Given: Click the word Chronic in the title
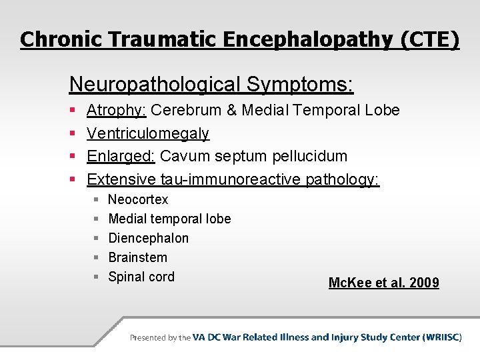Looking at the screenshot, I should pos(59,39).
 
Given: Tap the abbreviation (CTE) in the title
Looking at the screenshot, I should pos(430,39).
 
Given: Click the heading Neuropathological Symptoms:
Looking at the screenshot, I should pos(211,85).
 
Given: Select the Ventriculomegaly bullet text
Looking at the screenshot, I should pos(148,134).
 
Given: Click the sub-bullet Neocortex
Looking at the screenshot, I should pos(138,199).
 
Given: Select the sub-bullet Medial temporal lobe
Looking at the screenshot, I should pos(169,219).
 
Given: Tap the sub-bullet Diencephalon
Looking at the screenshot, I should pos(148,238).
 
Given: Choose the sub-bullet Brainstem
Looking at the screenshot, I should pos(137,257).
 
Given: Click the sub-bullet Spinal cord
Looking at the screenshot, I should pos(141,277).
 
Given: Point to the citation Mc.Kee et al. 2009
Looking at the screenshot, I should pos(383,283).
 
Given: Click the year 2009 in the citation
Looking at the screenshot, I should pos(424,283).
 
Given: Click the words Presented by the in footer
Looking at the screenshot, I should pos(160,337).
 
